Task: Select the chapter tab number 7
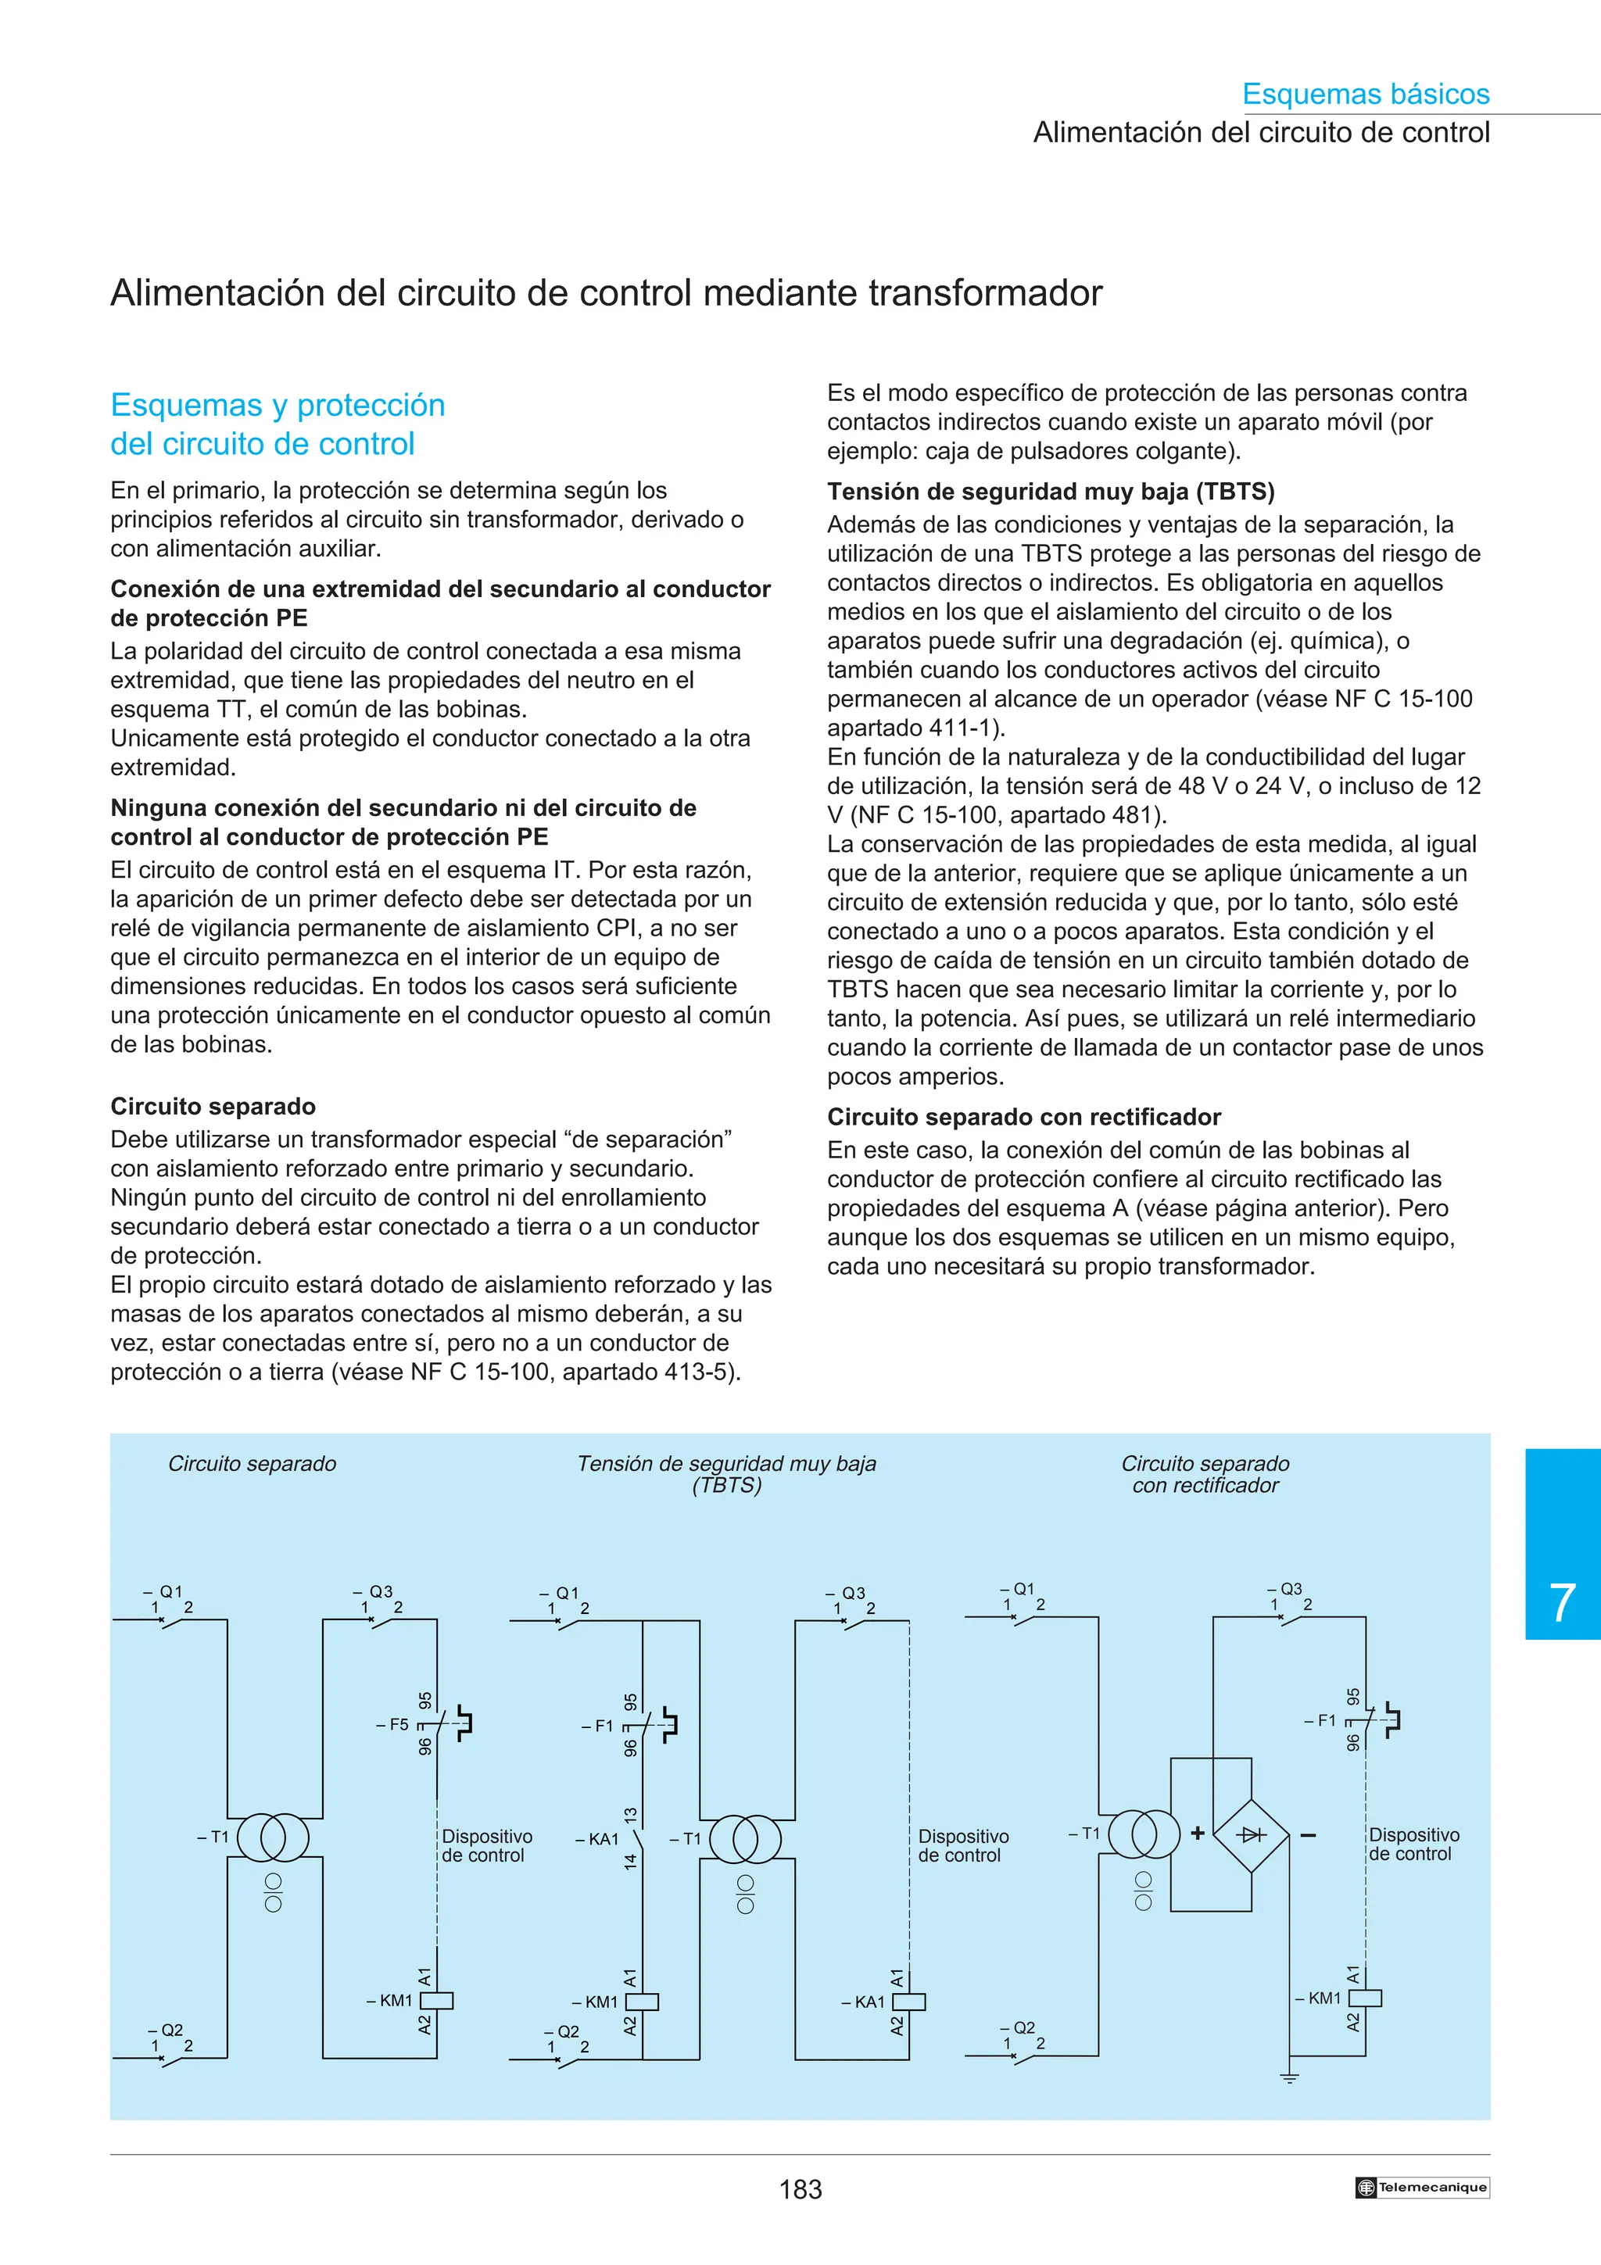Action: [x=1562, y=1603]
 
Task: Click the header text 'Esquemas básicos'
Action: [x=1365, y=94]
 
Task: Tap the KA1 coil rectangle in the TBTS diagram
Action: [x=908, y=2002]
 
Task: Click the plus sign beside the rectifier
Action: [x=1198, y=1833]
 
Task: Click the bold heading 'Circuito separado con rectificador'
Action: [x=1023, y=1117]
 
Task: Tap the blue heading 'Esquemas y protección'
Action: [x=278, y=405]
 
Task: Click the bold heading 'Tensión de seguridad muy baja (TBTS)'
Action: [x=1050, y=492]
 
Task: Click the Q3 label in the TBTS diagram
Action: [x=849, y=1593]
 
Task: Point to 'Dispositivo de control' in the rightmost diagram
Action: [x=1413, y=1844]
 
